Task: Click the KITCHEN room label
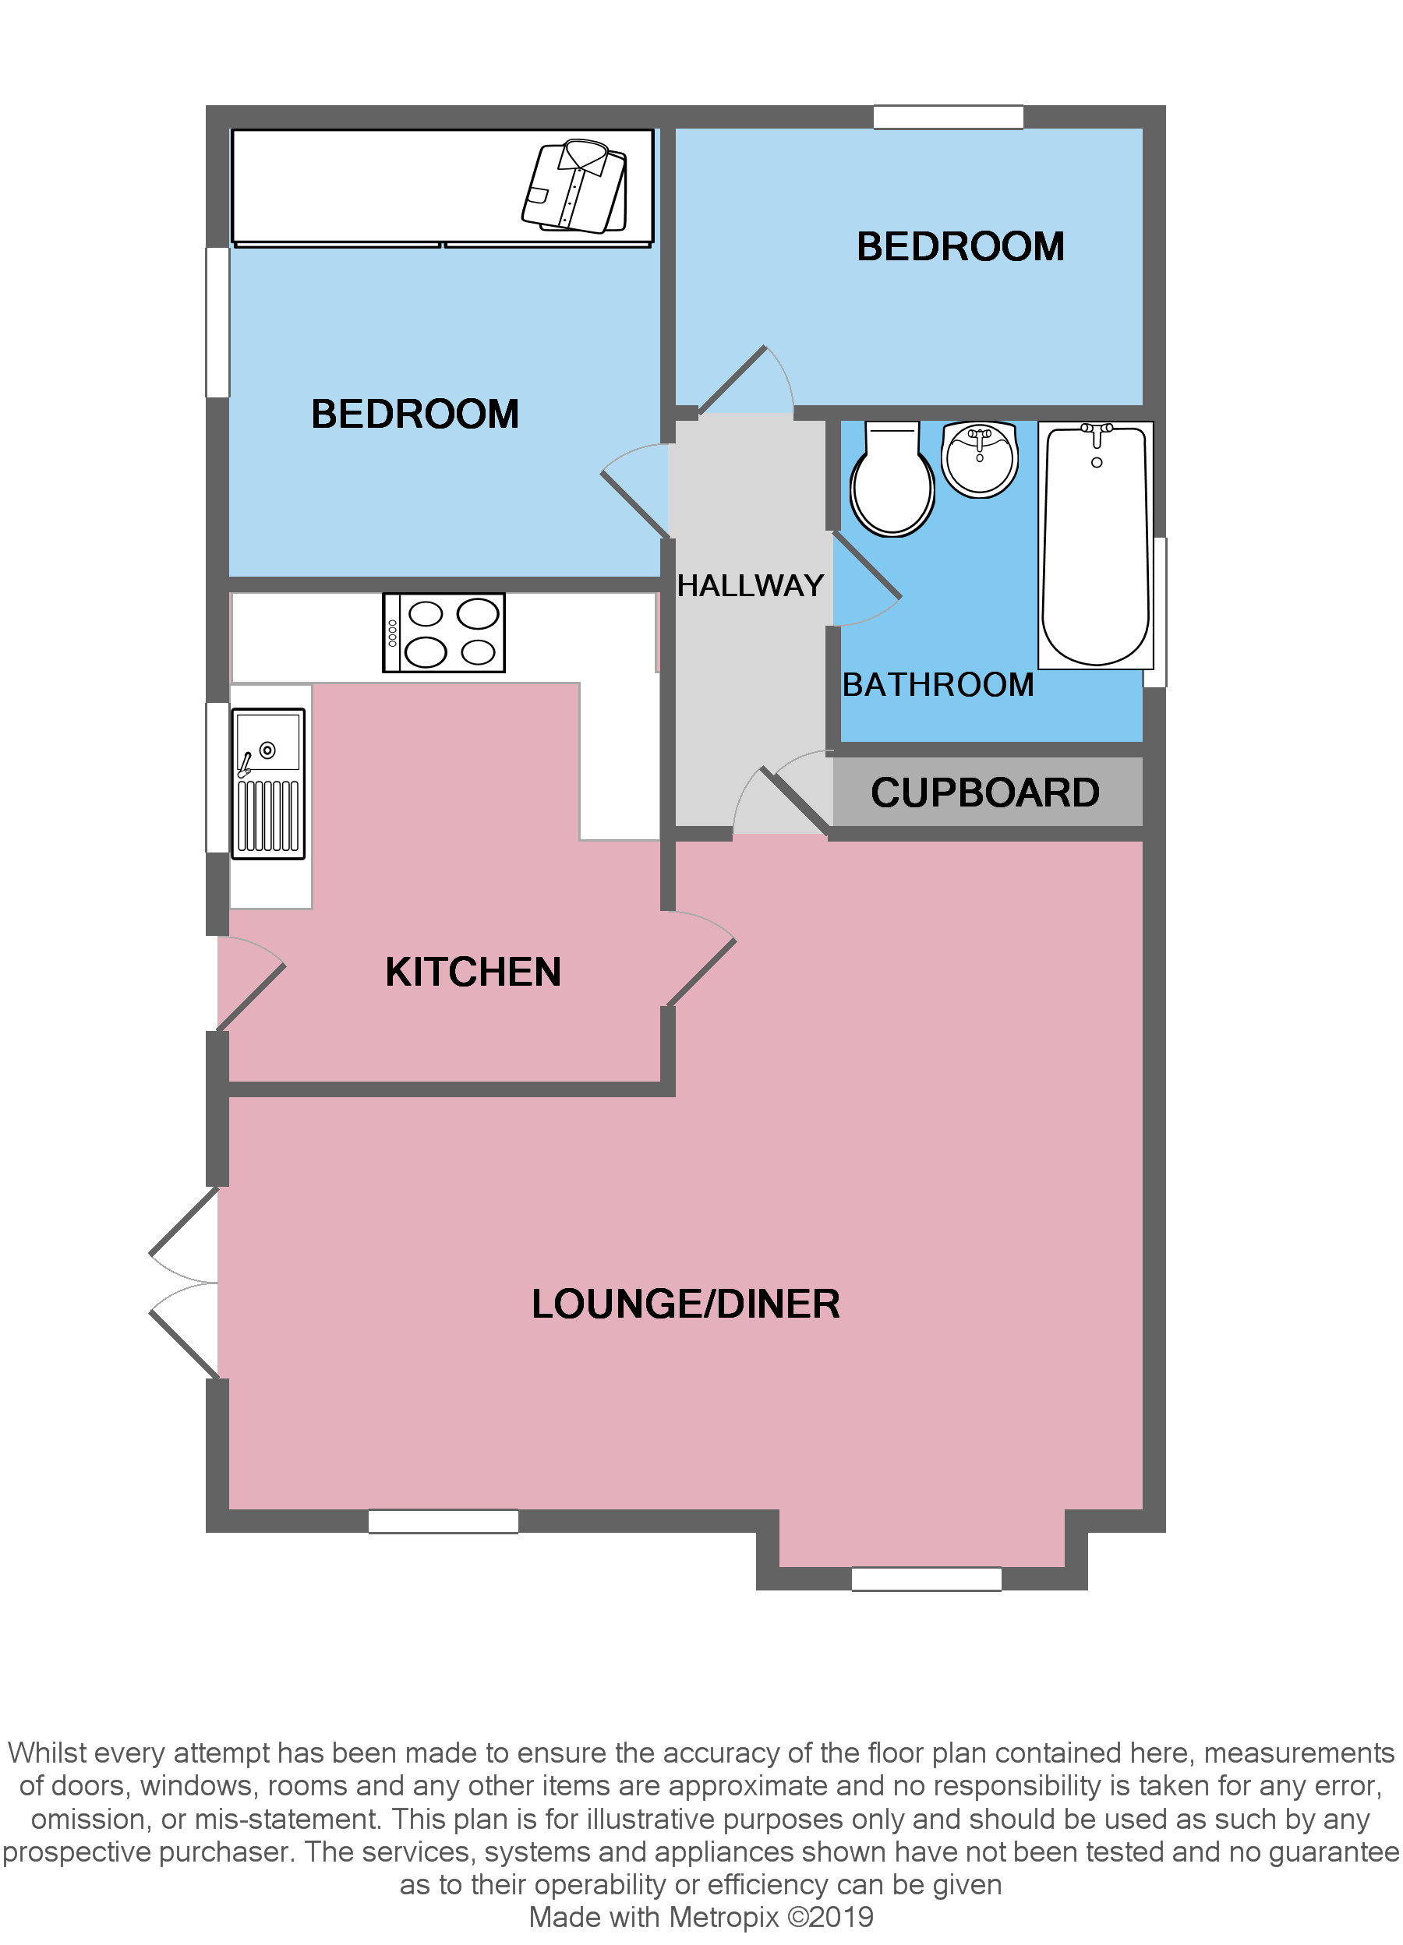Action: tap(472, 972)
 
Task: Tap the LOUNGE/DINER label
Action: tap(685, 1304)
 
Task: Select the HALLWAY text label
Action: tap(750, 586)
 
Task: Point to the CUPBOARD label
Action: tap(984, 792)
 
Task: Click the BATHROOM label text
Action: tap(938, 684)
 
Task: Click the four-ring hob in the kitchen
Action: tap(444, 633)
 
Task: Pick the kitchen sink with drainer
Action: tap(268, 783)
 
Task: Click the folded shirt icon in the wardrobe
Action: tap(574, 186)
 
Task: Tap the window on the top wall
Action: tap(948, 118)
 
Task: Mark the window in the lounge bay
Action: tap(925, 1579)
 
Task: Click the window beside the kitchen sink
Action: tap(217, 778)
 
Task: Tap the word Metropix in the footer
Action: tap(724, 1917)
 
